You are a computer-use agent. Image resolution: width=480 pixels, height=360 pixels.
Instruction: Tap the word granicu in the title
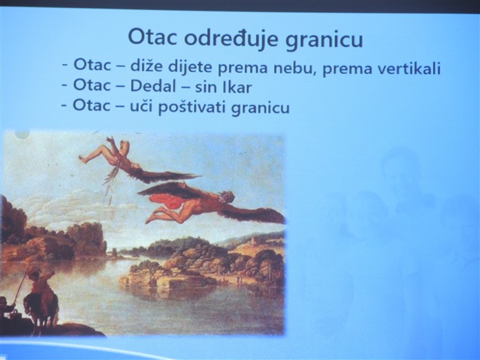tap(324, 40)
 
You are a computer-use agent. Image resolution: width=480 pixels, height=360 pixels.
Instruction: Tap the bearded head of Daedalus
tap(227, 198)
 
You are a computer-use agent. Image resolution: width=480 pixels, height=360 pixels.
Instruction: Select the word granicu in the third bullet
tap(261, 108)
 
